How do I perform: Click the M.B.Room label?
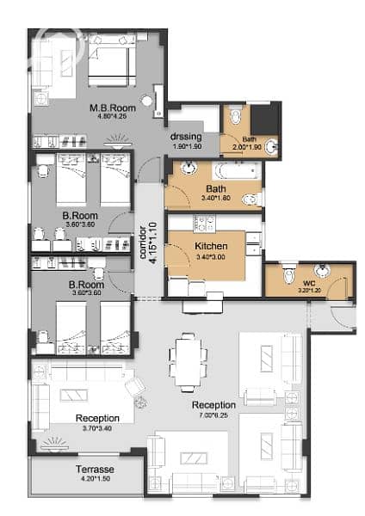(x=113, y=107)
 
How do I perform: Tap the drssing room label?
(x=186, y=136)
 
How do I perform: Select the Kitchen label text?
(x=211, y=246)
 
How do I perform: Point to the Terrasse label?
(x=95, y=470)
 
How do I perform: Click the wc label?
(x=309, y=283)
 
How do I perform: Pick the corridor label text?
(x=143, y=242)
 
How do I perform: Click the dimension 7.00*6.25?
(x=213, y=415)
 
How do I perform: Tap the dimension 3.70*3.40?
(x=97, y=428)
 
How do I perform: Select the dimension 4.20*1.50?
(x=96, y=478)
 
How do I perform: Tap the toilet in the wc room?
(x=289, y=273)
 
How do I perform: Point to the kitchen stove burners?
(x=204, y=223)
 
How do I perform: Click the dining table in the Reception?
(x=189, y=362)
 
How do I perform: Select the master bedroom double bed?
(x=112, y=60)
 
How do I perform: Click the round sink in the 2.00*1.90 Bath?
(x=271, y=146)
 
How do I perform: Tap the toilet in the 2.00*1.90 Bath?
(x=235, y=114)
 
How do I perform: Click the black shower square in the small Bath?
(x=264, y=120)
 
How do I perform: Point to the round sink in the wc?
(x=321, y=270)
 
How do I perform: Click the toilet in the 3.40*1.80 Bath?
(x=252, y=200)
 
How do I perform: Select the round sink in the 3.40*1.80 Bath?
(x=189, y=169)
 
